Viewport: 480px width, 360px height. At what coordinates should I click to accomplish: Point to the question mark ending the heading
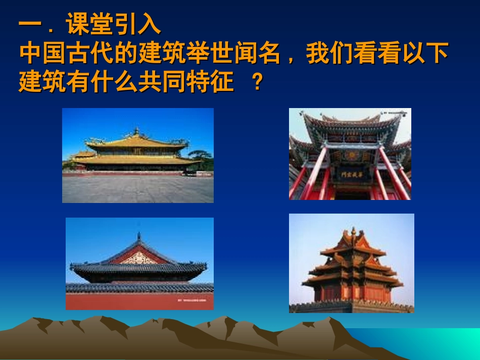[258, 82]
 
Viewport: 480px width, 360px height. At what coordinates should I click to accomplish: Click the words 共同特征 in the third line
[198, 82]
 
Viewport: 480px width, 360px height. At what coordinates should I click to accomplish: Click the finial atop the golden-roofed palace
[136, 131]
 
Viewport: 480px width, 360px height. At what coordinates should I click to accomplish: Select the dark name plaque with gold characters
[348, 173]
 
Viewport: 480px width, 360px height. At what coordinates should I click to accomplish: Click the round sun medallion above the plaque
[350, 155]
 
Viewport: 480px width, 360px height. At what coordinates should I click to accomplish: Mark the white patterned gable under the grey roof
[138, 259]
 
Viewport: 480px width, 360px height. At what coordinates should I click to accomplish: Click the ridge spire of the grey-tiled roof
[138, 236]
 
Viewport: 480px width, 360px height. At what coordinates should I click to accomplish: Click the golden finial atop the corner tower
[354, 230]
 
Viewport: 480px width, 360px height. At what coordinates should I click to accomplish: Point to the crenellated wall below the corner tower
[351, 306]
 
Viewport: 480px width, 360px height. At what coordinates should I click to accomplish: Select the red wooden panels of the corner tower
[352, 293]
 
